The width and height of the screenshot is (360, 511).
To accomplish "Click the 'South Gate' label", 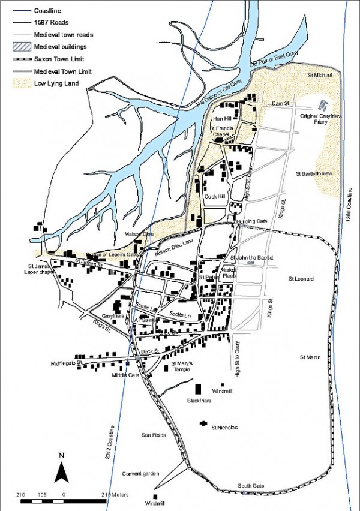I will [248, 485].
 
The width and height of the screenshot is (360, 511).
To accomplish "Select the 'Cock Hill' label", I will [214, 196].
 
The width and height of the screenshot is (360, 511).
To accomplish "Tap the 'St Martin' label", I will [311, 357].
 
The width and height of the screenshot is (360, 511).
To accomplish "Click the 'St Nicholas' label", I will [224, 427].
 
